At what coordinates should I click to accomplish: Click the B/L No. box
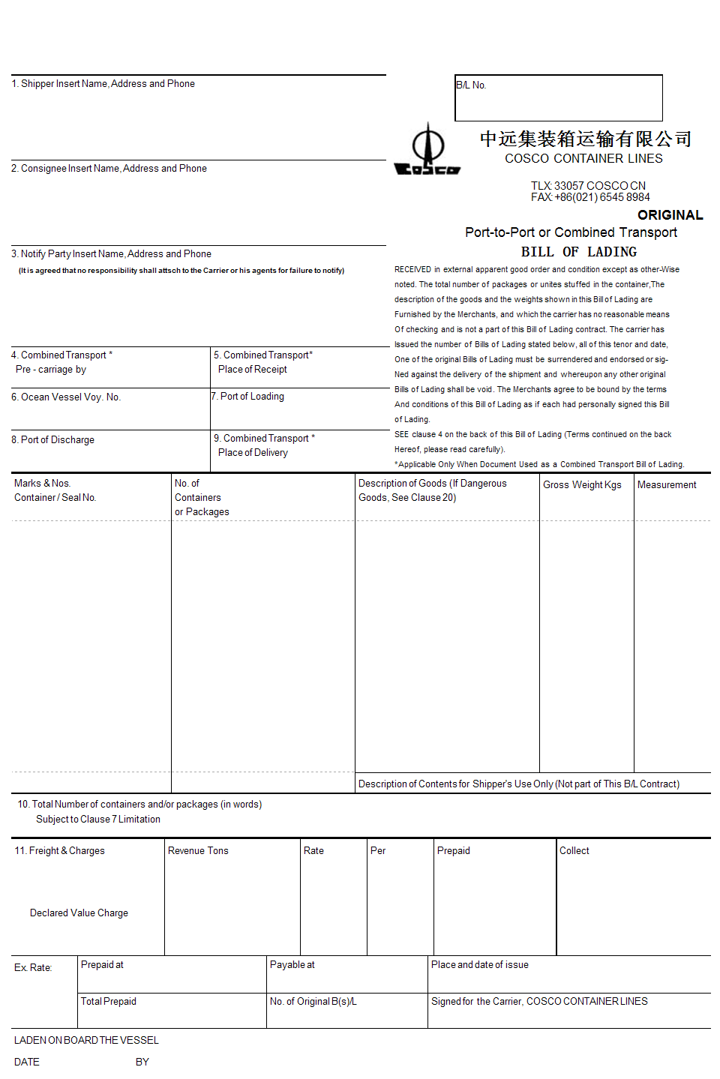(558, 97)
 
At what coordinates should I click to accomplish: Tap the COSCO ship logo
(427, 150)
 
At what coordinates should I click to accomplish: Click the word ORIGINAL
(670, 215)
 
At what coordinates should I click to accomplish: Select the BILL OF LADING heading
(578, 252)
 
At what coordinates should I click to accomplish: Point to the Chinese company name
(585, 139)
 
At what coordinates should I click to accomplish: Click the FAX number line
(590, 197)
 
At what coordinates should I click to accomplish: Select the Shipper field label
(103, 84)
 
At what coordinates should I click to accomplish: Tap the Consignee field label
(109, 169)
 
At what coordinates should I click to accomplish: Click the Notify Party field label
(111, 254)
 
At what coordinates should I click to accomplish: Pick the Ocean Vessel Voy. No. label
(66, 397)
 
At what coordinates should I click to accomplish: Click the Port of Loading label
(247, 397)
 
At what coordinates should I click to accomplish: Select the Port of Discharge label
(52, 440)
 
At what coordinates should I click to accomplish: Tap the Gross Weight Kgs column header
(582, 485)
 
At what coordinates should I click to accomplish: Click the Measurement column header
(667, 485)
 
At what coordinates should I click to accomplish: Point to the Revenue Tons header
(198, 851)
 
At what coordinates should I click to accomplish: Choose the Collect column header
(574, 851)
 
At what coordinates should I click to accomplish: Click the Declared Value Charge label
(79, 913)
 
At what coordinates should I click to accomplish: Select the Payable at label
(292, 965)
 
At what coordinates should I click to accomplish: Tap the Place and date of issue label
(479, 965)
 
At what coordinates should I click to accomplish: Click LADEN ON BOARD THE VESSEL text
(86, 1041)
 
